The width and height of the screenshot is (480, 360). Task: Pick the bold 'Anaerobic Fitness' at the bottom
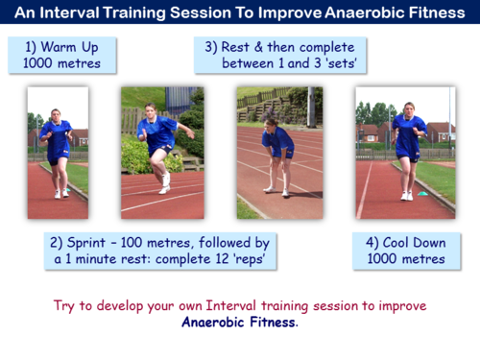(239, 323)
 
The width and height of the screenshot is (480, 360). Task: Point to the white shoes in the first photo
(61, 193)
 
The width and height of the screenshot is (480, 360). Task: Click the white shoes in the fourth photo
(406, 195)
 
